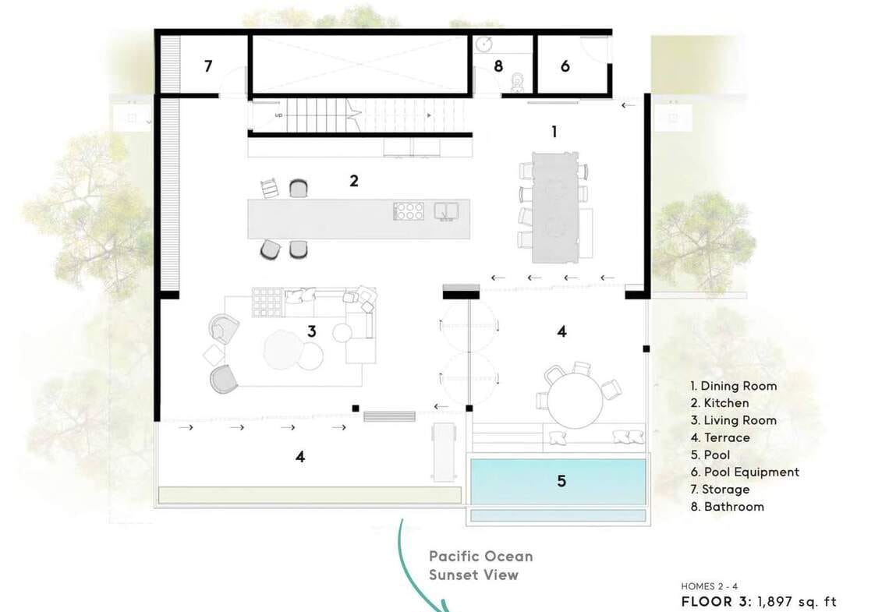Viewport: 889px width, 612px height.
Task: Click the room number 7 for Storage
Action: click(208, 66)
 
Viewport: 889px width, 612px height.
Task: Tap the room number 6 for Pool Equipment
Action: click(565, 66)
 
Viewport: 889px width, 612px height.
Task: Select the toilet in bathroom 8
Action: click(516, 83)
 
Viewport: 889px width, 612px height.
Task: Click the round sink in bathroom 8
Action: click(484, 44)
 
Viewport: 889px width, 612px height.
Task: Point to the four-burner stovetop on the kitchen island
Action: click(409, 210)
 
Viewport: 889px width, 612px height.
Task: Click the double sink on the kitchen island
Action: click(447, 210)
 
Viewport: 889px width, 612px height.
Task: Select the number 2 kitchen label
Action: click(354, 181)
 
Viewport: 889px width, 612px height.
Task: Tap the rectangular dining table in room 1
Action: click(555, 207)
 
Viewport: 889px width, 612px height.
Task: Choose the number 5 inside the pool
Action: click(561, 481)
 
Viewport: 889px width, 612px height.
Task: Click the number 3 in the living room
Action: click(311, 331)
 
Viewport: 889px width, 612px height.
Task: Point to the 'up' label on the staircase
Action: click(278, 115)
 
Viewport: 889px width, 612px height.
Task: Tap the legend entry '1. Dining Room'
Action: click(734, 386)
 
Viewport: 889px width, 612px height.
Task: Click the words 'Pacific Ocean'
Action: click(481, 557)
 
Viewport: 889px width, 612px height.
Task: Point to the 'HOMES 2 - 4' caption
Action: click(710, 586)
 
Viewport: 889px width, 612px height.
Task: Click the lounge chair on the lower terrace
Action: click(444, 452)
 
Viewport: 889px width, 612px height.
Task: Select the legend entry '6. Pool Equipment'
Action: click(745, 472)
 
